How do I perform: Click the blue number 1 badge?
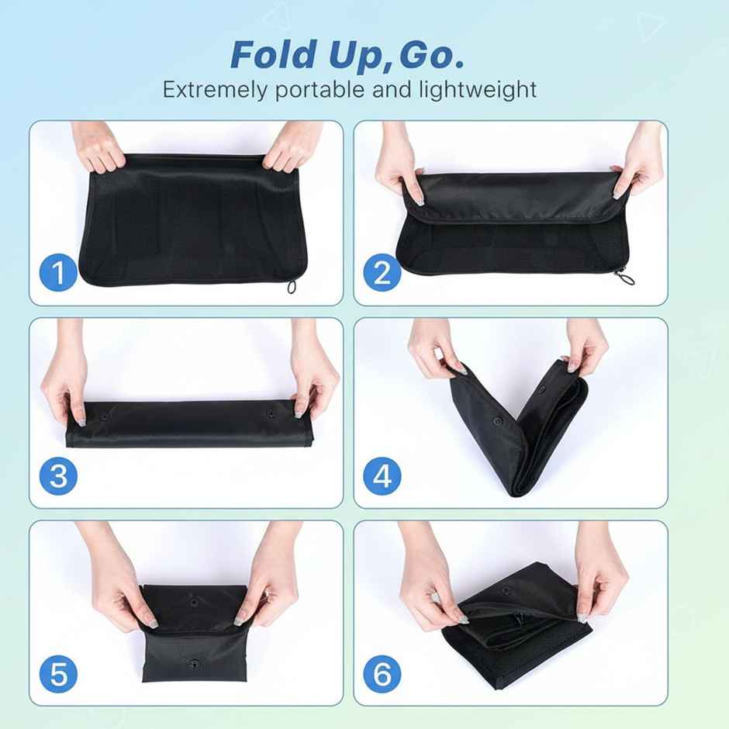pos(59,274)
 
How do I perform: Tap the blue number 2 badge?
pos(382,274)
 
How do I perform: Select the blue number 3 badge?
pos(59,475)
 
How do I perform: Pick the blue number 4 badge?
pos(382,475)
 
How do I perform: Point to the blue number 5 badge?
pos(59,674)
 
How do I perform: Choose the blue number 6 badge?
pos(382,674)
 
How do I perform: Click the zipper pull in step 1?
pos(292,288)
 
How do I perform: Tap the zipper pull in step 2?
pos(623,276)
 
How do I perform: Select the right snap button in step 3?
pos(271,413)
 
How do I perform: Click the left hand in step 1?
pos(99,147)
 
